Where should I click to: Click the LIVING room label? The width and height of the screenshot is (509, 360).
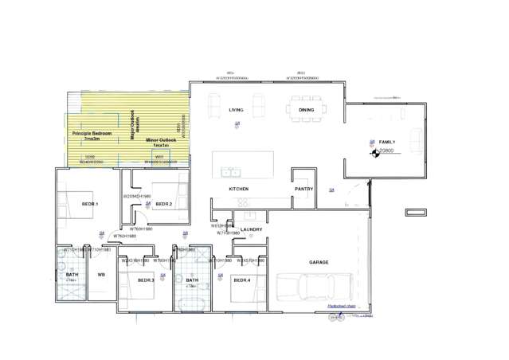(236, 110)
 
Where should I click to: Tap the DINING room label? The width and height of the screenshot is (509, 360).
(306, 110)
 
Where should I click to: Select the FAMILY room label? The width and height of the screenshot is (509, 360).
(387, 142)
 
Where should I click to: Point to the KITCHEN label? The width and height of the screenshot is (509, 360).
(239, 189)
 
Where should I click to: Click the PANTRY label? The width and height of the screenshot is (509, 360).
(303, 189)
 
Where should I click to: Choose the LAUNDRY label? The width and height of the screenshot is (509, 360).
(252, 229)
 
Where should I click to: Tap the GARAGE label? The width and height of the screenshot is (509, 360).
(319, 262)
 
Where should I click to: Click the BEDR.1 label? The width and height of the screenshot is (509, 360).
(89, 205)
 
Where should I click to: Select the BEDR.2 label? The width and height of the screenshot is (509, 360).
(164, 205)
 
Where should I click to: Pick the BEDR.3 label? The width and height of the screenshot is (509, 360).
(146, 280)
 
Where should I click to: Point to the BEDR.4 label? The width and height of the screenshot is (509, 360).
(241, 280)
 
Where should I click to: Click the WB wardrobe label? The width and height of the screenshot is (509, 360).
(101, 275)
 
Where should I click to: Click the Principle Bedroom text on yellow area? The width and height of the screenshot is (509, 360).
(92, 135)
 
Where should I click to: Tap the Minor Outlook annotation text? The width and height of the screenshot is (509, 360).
(161, 142)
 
